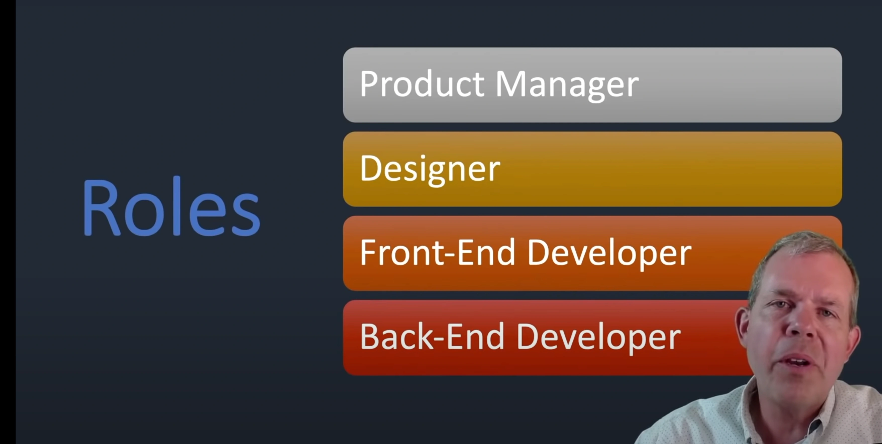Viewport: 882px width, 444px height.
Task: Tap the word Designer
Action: click(430, 170)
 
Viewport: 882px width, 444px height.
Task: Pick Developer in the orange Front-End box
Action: click(609, 254)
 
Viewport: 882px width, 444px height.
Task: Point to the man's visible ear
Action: click(743, 329)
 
